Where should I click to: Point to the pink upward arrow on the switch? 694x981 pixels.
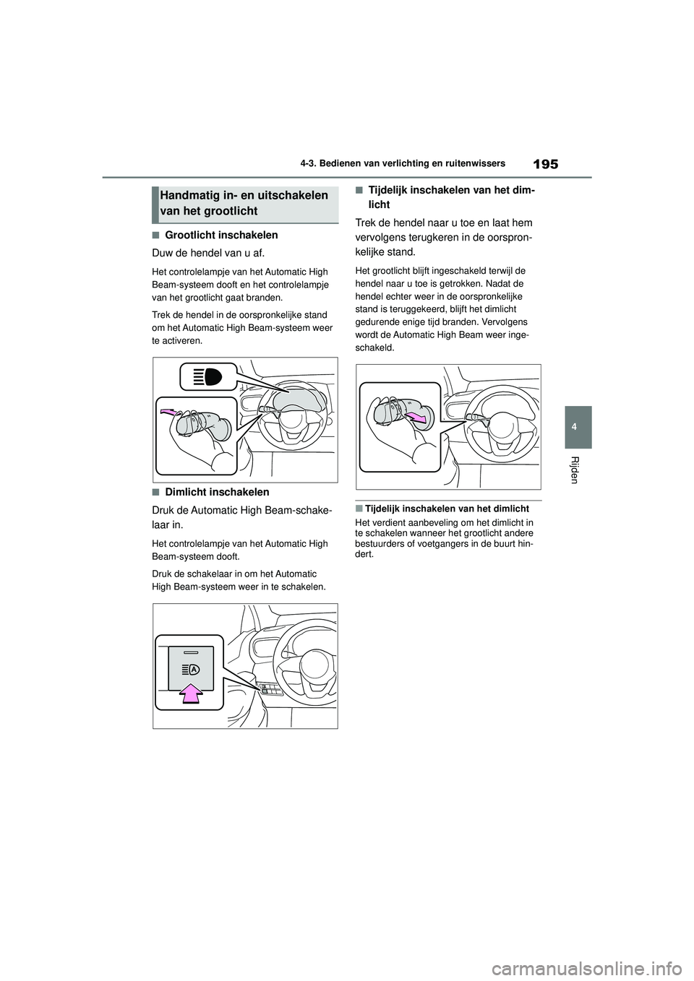pos(191,693)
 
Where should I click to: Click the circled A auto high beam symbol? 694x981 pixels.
pos(196,669)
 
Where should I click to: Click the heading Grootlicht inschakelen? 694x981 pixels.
pos(221,235)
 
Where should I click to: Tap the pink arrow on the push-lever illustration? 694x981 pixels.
pos(171,412)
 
